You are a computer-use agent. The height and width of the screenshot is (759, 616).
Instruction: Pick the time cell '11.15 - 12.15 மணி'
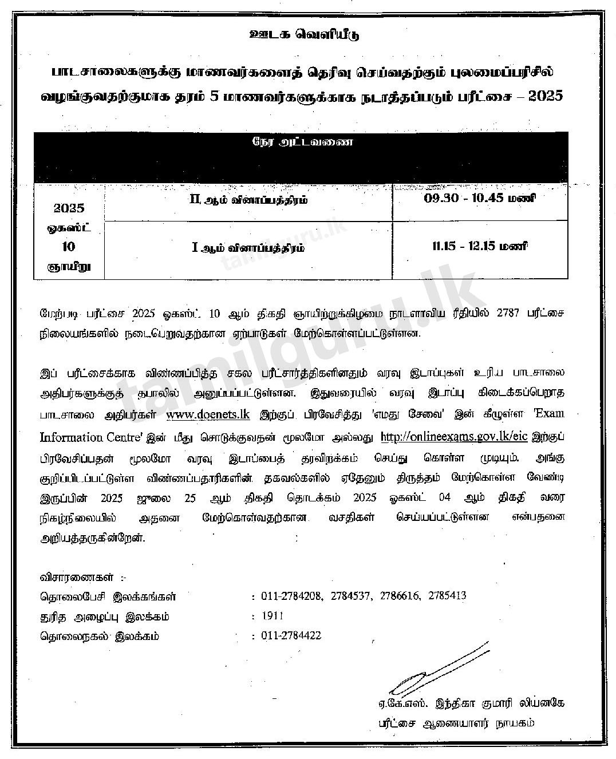coord(479,247)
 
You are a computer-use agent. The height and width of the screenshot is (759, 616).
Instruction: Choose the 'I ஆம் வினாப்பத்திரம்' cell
coord(247,248)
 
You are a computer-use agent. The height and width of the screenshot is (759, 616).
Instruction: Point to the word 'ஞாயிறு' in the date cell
coord(69,266)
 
